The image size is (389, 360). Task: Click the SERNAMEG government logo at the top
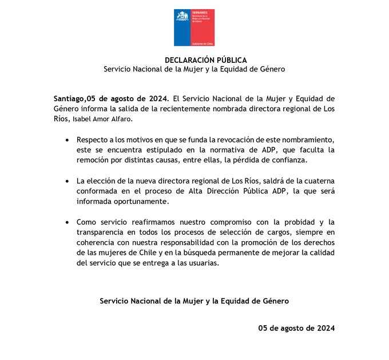(x=194, y=27)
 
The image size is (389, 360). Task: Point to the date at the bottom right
(x=296, y=329)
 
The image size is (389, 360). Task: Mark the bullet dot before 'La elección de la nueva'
(x=69, y=181)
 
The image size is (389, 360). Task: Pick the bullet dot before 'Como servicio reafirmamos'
(x=69, y=222)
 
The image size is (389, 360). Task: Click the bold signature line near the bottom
(x=194, y=300)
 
